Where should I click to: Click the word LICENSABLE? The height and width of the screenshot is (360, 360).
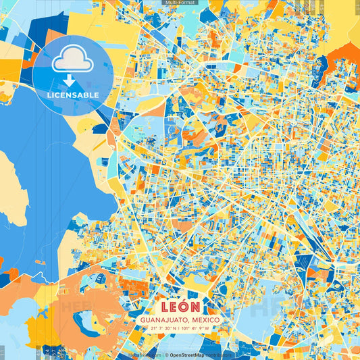72,95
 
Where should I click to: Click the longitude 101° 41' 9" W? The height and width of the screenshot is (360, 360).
197,328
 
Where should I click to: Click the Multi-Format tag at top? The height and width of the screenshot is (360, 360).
180,3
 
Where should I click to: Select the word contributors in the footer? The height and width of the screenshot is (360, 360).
218,354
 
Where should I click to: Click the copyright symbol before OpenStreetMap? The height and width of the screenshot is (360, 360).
166,354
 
